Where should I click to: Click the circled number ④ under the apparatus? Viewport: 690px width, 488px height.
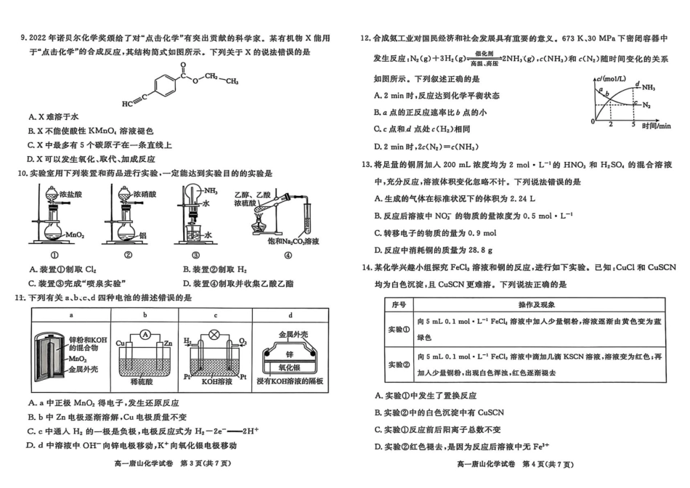coord(288,255)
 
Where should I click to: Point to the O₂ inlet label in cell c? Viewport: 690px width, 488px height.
coord(243,341)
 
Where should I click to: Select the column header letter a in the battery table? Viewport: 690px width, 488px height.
coord(71,315)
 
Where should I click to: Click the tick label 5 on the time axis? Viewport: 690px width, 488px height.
coord(633,124)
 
